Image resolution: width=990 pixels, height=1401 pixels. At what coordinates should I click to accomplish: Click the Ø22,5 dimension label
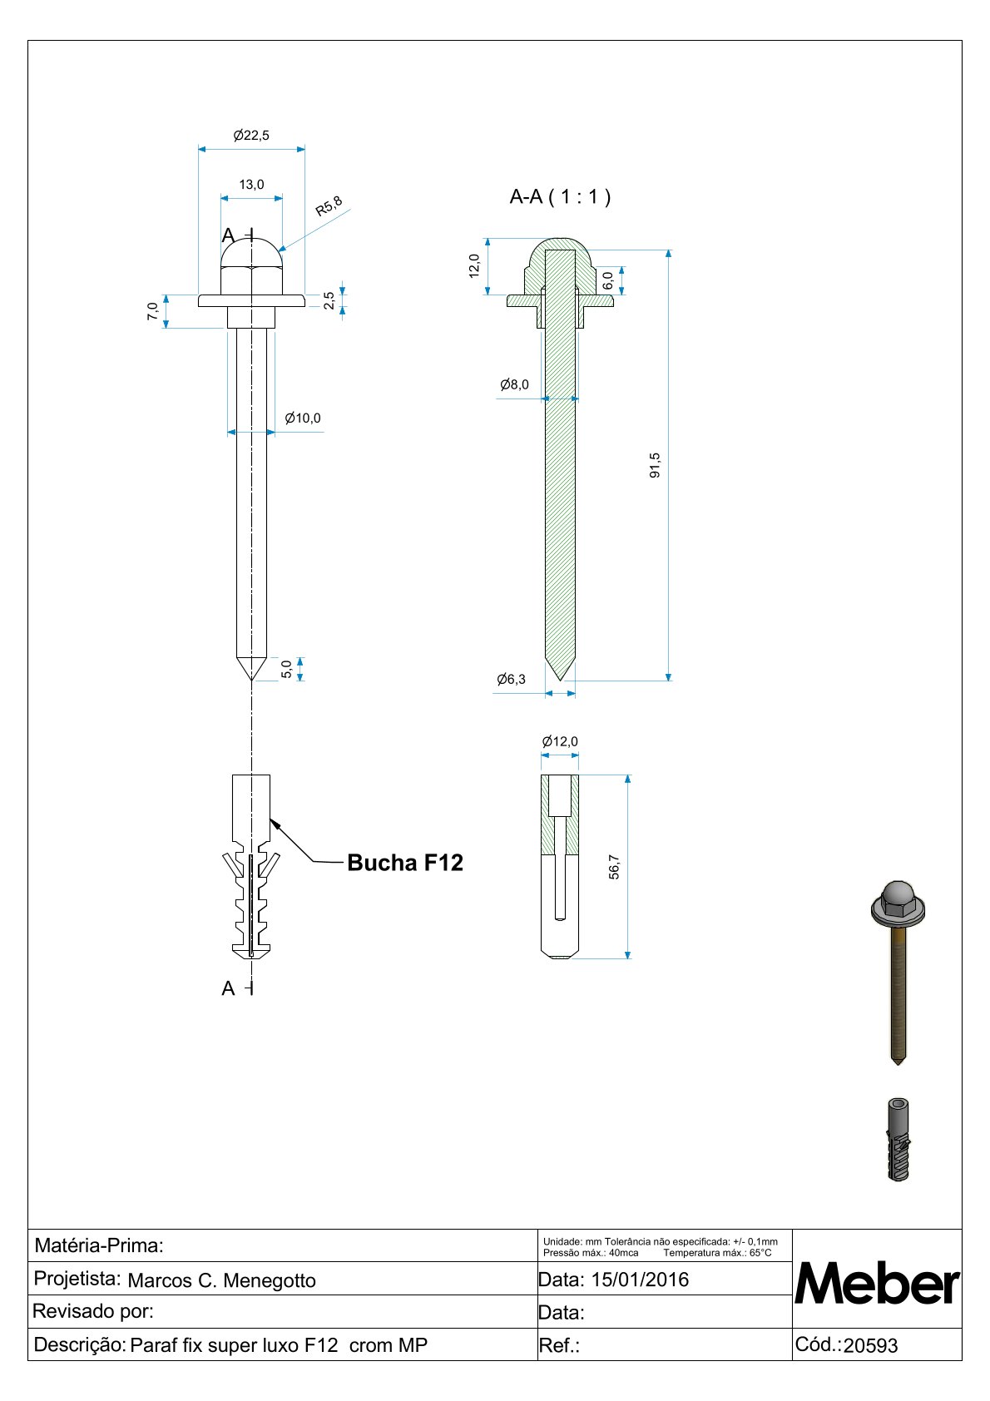251,136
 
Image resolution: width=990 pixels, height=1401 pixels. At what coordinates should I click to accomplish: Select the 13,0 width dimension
251,185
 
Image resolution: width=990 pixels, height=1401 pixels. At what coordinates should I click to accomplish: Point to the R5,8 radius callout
329,205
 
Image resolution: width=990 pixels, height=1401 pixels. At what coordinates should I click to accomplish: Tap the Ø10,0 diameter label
302,418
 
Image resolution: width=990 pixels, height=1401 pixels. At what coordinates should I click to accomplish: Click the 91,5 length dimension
655,465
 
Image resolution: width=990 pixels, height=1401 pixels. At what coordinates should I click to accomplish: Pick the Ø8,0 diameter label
514,384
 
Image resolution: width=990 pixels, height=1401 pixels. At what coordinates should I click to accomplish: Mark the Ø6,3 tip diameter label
511,680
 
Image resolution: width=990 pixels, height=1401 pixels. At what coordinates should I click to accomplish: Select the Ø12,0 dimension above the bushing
559,741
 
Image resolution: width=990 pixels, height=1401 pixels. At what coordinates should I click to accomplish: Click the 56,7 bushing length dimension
614,867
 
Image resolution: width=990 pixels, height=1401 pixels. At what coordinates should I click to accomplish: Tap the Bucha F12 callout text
405,863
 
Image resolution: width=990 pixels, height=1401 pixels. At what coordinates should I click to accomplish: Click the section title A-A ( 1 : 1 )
560,197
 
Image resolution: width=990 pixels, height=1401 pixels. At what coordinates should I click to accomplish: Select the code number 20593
870,1346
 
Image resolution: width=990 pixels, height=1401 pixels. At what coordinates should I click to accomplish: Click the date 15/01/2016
640,1280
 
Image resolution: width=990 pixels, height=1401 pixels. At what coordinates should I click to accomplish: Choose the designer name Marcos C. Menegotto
221,1280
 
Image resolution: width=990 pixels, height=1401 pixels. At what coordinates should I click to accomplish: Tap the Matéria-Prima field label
99,1245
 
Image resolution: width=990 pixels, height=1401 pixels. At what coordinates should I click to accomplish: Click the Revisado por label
93,1312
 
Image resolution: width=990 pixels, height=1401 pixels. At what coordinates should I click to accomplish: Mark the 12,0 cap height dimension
474,265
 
